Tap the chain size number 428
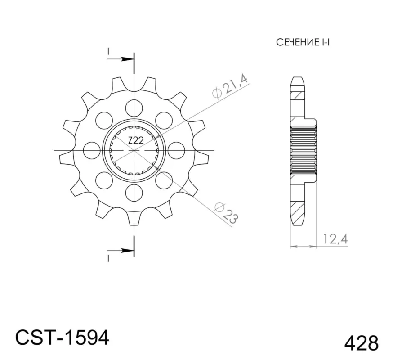(x=361, y=343)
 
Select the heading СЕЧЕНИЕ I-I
(x=303, y=42)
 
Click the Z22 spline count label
(x=136, y=140)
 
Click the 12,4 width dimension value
(x=335, y=239)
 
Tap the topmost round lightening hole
(x=134, y=108)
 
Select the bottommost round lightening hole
(x=134, y=192)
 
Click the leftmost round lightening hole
(x=92, y=150)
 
